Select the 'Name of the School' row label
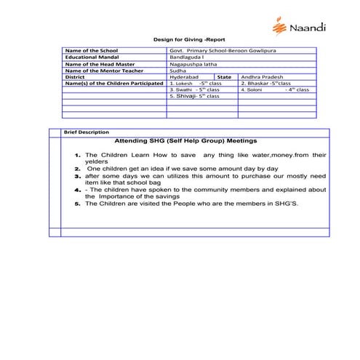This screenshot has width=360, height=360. tap(92, 49)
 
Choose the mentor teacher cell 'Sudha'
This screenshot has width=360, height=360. tap(177, 70)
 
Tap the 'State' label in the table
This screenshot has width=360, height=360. tap(224, 76)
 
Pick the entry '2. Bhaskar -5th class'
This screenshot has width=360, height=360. tap(265, 83)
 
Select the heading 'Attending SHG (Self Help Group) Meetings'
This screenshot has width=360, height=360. tap(186, 140)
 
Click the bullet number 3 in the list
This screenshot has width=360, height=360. tap(77, 176)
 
